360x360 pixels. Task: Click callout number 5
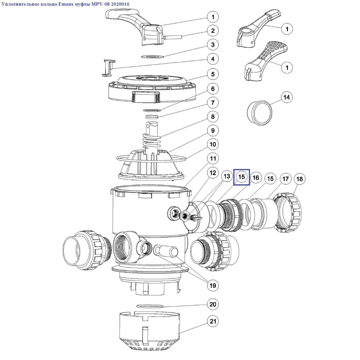(x=213, y=74)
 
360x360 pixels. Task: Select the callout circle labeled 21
(x=213, y=321)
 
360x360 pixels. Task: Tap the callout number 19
(x=213, y=285)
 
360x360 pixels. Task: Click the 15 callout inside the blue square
(x=242, y=177)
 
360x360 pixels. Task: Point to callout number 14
(x=287, y=97)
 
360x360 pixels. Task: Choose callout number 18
(x=300, y=179)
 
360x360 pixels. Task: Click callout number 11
(x=213, y=158)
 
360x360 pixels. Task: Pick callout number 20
(x=213, y=304)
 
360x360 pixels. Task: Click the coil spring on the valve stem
(x=151, y=140)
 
